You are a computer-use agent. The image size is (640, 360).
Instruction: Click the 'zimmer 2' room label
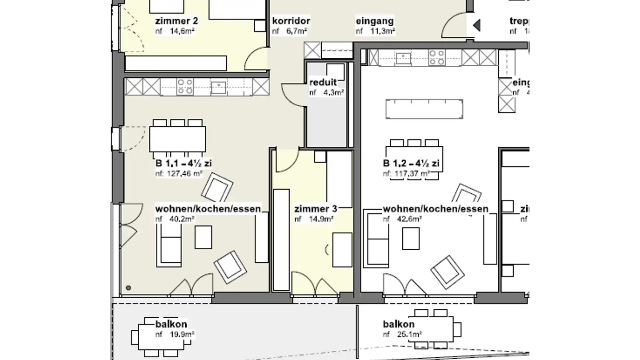[176, 21]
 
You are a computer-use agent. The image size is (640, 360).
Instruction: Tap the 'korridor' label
[291, 21]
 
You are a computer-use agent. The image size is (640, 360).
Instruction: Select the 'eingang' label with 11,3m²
[375, 21]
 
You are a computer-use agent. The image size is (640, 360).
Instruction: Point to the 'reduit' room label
[323, 83]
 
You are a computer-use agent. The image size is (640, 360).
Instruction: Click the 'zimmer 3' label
[316, 209]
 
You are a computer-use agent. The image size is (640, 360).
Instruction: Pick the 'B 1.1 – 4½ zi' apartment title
[184, 164]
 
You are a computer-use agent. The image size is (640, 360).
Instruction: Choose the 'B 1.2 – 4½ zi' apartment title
[411, 164]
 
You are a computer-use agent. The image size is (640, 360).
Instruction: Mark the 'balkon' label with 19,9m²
[171, 324]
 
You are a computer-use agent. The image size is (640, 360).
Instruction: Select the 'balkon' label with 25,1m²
[399, 324]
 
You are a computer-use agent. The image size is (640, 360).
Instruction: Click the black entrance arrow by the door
[476, 25]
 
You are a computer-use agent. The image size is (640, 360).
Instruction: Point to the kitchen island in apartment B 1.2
[424, 109]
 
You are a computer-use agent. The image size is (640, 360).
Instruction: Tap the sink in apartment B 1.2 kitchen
[405, 58]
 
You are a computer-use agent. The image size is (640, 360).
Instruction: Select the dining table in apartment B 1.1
[177, 139]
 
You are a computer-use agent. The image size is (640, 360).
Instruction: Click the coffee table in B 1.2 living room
[411, 238]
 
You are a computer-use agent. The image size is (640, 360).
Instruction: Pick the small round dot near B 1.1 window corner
[128, 288]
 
